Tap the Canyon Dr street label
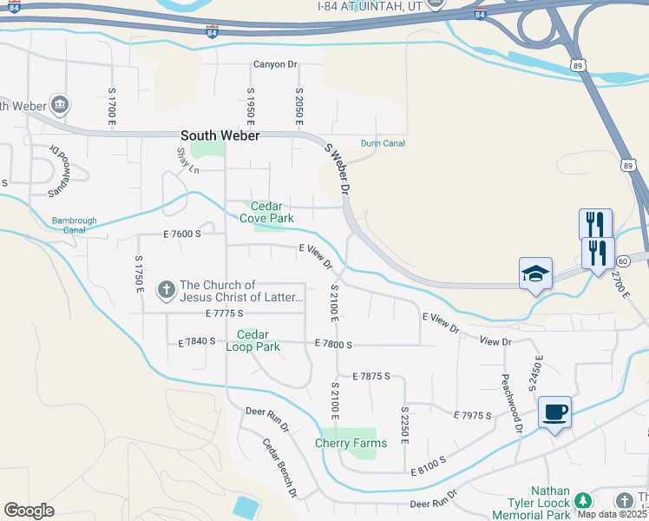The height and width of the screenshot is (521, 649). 275,64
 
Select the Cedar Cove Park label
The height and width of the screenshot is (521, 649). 266,213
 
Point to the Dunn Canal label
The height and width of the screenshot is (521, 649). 383,143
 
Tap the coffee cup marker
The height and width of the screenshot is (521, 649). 554,412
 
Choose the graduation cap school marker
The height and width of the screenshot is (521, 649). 535,274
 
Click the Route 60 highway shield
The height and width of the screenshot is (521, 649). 622,261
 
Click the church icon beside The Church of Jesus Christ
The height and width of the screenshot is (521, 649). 165,287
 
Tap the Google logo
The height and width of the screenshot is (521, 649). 29,511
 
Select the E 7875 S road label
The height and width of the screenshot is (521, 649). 371,376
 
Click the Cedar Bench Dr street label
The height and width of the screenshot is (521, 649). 280,467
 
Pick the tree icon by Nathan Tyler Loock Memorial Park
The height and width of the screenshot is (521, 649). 583,501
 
